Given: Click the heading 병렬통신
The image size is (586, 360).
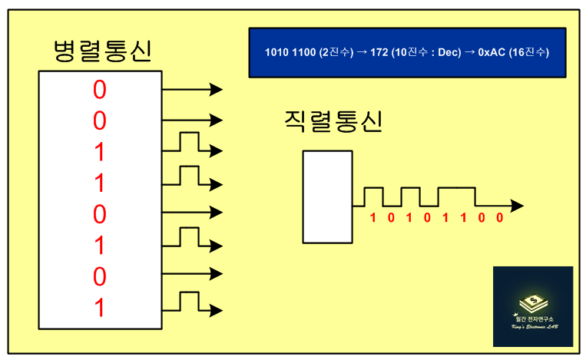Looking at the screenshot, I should [102, 51].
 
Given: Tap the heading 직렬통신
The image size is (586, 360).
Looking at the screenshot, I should [333, 122].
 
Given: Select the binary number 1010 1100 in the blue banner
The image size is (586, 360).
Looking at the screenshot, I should [291, 52].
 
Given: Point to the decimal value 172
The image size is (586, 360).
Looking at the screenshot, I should [378, 52].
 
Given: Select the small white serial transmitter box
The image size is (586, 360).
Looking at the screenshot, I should [327, 197].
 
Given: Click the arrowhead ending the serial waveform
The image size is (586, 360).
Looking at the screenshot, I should [518, 206].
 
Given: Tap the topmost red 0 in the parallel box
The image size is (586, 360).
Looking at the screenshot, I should [100, 90].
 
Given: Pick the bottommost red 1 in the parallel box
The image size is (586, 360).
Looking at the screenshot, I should [100, 309].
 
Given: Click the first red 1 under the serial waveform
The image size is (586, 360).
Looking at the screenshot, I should [373, 217].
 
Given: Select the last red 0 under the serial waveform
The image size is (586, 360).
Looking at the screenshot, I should [499, 217].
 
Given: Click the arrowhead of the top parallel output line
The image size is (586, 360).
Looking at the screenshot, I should [217, 90].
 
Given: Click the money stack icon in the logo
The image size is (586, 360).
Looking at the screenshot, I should [532, 302].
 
